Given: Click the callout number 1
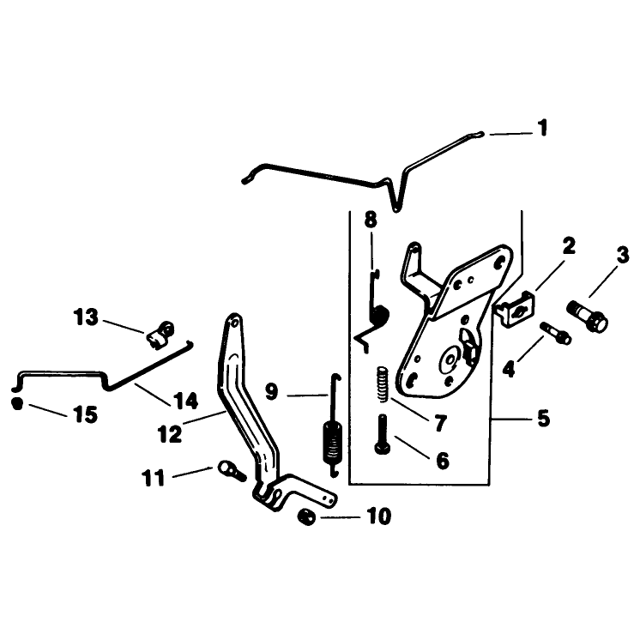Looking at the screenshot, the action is point(542,128).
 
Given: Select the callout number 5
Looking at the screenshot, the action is point(543,419).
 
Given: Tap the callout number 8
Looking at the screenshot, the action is point(371,220).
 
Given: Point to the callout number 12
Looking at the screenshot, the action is point(170,434).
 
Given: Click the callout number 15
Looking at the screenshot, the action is point(85,414).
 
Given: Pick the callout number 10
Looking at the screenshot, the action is point(379,516).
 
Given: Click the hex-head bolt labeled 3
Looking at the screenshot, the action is point(588,321).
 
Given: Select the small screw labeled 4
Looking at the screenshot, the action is point(556,333).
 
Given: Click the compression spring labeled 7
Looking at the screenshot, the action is point(383,384).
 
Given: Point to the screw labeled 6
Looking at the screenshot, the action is point(382,434).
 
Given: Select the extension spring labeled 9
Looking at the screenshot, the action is point(334,426).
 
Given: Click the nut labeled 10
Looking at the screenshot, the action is point(307,517).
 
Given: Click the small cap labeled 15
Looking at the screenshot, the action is point(17,403).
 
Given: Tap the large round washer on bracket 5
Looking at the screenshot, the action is point(450,360).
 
